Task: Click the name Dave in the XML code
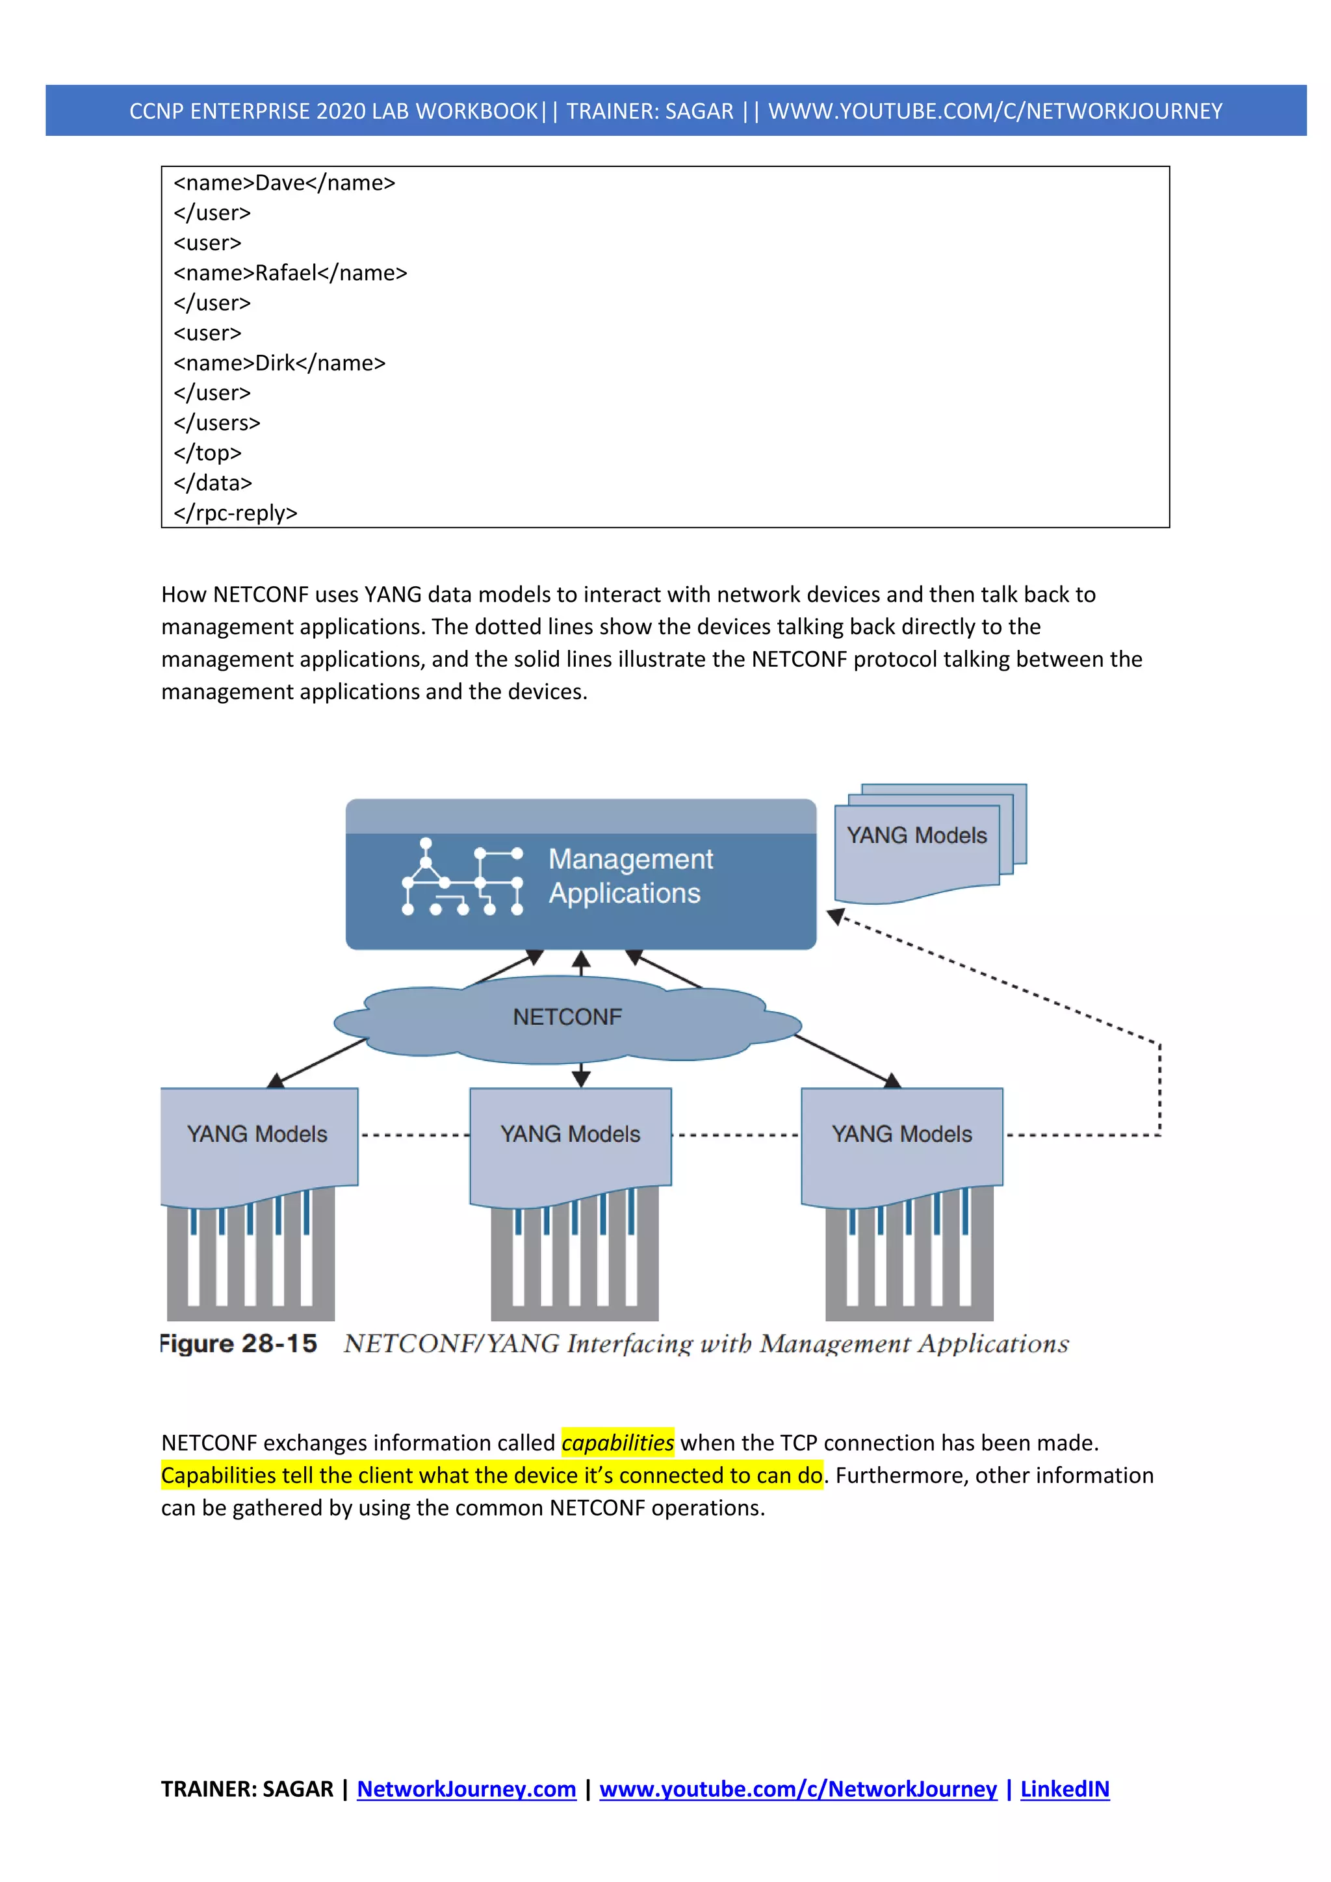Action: click(x=279, y=183)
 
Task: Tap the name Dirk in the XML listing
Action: click(x=274, y=363)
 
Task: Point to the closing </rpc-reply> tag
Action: click(x=235, y=513)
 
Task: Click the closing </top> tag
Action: click(x=207, y=454)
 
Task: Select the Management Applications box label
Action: click(x=630, y=876)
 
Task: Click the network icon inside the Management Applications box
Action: click(x=462, y=876)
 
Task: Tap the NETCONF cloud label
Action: click(x=567, y=1017)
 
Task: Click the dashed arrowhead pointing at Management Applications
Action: click(x=836, y=916)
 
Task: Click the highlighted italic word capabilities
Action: click(x=618, y=1443)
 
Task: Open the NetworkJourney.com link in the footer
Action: click(x=467, y=1789)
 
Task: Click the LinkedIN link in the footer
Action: click(x=1065, y=1789)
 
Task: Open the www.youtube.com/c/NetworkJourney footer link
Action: click(x=797, y=1789)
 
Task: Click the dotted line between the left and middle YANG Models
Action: click(x=414, y=1135)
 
